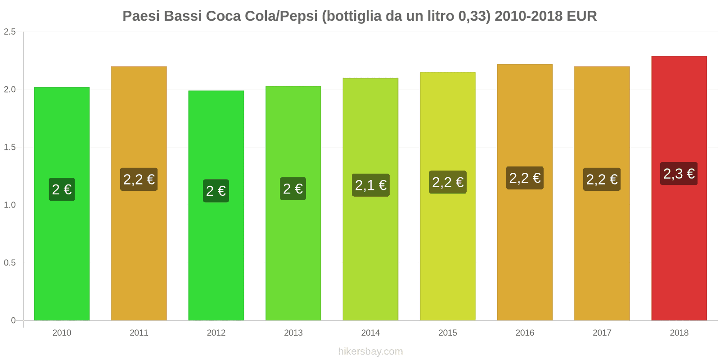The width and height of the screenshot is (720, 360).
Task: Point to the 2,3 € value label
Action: tap(679, 174)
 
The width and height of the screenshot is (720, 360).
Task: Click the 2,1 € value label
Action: tap(370, 185)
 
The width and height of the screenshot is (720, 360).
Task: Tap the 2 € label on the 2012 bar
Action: tap(216, 191)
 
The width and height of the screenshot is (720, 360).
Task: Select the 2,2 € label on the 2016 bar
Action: tap(525, 178)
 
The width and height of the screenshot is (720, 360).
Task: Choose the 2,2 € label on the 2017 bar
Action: tap(602, 180)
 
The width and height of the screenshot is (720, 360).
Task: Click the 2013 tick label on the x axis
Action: tap(293, 333)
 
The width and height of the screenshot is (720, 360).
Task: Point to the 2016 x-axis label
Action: tap(525, 333)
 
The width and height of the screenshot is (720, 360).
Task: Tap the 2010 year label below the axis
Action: tap(62, 333)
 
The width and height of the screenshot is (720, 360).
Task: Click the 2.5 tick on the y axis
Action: tap(10, 32)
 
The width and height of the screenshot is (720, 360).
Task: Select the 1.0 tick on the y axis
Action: tap(10, 205)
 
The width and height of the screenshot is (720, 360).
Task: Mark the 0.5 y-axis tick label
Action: tap(10, 263)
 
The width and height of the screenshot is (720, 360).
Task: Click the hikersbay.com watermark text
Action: tap(370, 351)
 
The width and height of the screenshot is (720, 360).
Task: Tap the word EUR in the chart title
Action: tap(581, 16)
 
